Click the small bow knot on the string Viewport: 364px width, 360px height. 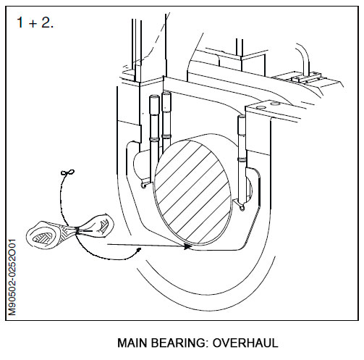point(68,173)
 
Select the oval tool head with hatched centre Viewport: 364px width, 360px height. point(46,235)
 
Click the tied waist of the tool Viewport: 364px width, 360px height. point(75,230)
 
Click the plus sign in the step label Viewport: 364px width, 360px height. point(35,22)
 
